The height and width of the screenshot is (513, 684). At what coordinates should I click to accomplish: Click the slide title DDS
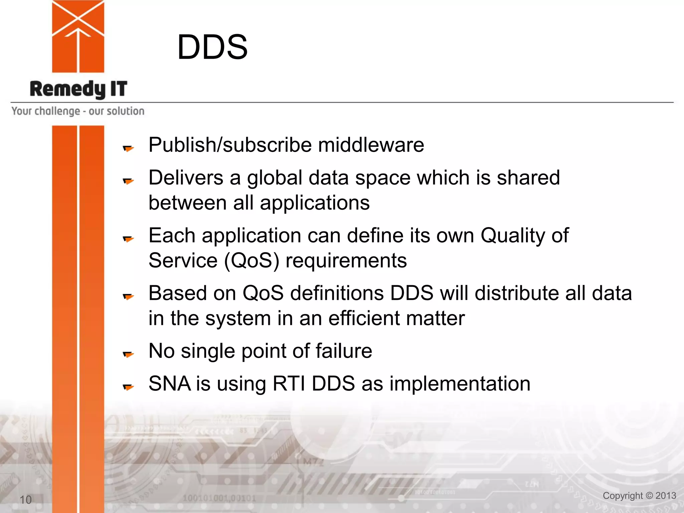click(212, 47)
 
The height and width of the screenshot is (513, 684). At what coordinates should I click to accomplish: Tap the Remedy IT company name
click(78, 89)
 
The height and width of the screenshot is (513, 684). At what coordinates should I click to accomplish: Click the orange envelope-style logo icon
click(78, 36)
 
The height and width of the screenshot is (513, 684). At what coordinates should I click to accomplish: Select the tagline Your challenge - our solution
click(78, 111)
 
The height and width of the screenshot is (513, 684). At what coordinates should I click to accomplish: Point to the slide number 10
click(26, 500)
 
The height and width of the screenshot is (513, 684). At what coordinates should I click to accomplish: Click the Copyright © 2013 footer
click(639, 496)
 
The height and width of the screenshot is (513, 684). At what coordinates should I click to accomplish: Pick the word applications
click(315, 203)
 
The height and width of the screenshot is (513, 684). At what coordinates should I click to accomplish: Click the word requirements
click(346, 261)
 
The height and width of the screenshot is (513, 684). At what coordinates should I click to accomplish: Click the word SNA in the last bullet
click(169, 383)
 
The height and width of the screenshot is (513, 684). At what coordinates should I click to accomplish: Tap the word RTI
click(289, 383)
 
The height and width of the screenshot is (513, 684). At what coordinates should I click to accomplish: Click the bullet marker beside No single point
click(128, 354)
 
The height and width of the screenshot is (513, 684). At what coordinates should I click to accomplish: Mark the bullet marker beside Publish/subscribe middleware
click(128, 148)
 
